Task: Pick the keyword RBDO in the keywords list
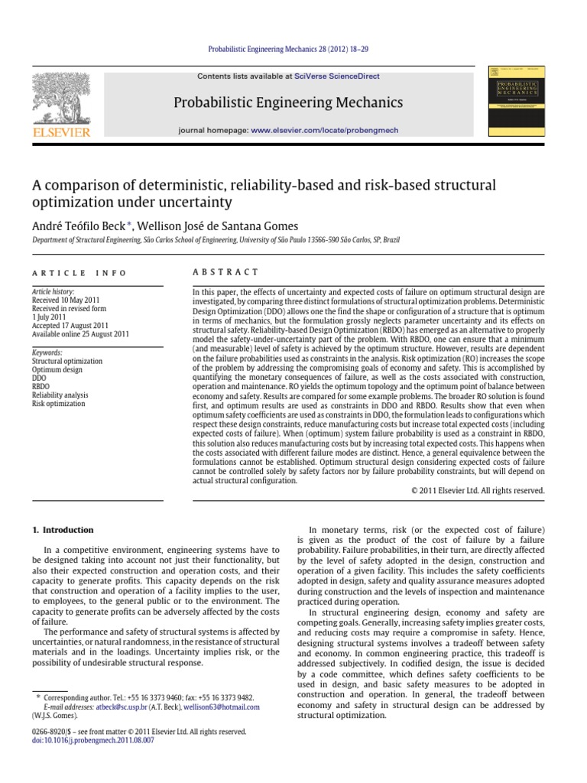point(41,387)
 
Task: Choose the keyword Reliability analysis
point(60,395)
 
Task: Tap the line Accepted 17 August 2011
point(70,325)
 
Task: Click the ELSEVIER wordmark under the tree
point(63,132)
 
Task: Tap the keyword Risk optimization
point(59,404)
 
